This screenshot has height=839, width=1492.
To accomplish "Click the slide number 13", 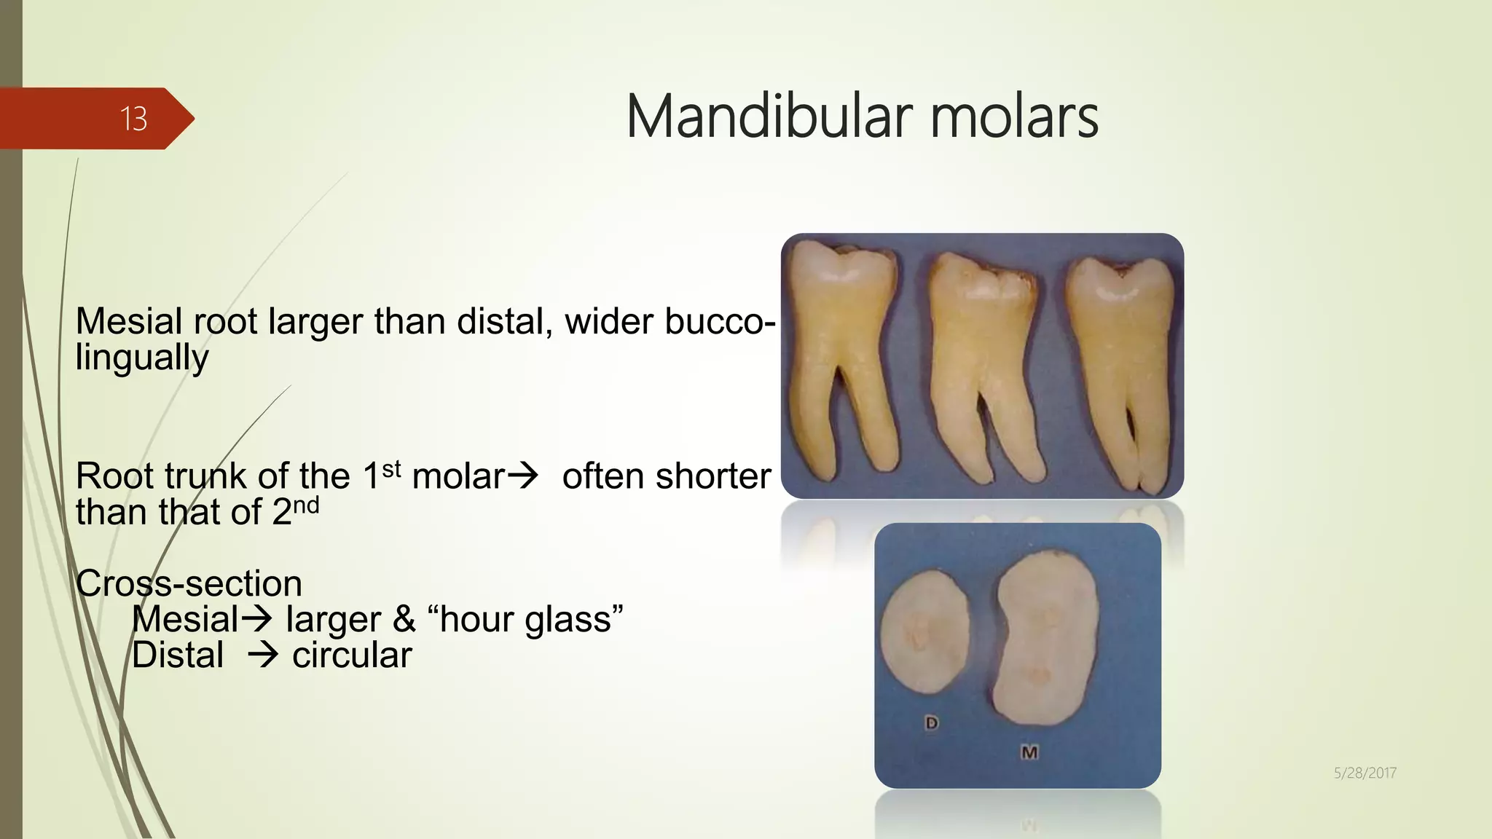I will tap(133, 119).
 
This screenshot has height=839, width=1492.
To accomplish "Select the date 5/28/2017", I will tap(1365, 773).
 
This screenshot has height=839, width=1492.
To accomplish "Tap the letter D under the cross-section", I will tap(931, 723).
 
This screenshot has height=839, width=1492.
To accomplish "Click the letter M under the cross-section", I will tap(1029, 752).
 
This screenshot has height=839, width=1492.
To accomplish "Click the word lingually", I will tap(142, 358).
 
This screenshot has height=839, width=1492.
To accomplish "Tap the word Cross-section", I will tap(189, 583).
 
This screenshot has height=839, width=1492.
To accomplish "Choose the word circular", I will tap(352, 655).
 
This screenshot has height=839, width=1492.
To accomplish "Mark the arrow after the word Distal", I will tap(262, 655).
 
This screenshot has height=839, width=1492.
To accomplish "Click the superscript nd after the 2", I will tap(306, 505).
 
